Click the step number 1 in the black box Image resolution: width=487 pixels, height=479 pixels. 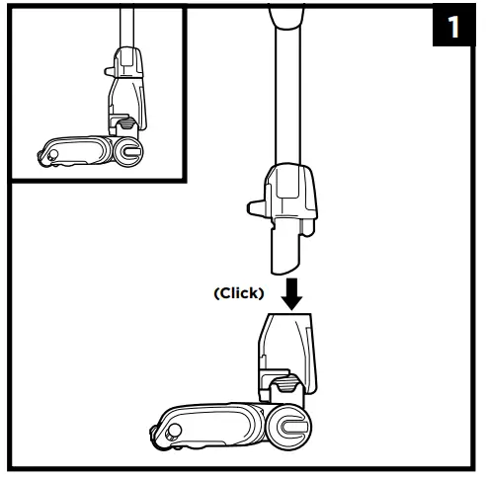coord(453,27)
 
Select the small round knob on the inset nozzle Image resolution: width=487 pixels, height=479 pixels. coord(51,155)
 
